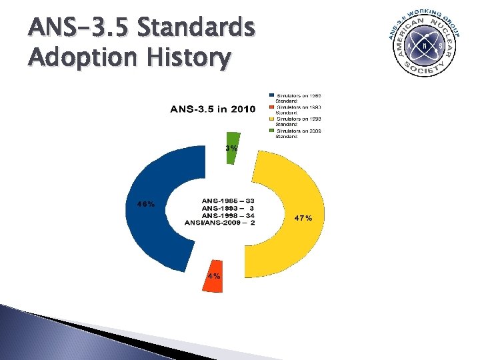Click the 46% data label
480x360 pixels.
(x=146, y=205)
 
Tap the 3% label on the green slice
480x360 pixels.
(x=231, y=149)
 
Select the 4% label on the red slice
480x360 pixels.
(x=214, y=275)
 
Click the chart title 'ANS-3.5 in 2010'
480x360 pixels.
(x=213, y=109)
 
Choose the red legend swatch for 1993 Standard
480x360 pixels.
(x=272, y=106)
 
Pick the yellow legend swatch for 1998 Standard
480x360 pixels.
(x=272, y=119)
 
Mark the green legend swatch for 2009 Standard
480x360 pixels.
(x=272, y=131)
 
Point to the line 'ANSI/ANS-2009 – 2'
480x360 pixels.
(x=219, y=223)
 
